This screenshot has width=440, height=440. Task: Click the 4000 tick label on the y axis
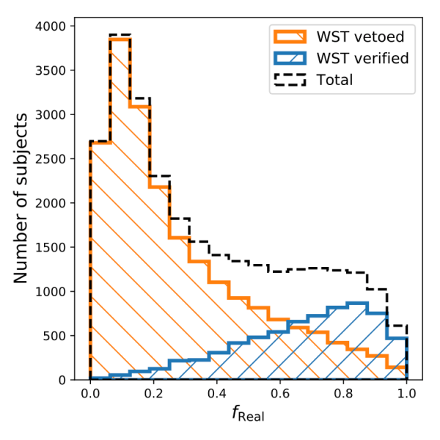coord(51,26)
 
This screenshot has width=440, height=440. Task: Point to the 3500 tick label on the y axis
coord(51,70)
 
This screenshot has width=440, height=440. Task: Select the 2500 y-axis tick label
coord(51,159)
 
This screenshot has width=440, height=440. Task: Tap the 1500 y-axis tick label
coord(51,247)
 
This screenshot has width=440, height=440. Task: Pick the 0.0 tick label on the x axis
coord(90,394)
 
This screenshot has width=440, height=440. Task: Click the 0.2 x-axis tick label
coord(153,394)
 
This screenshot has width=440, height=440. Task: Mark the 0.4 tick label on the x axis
coord(217,394)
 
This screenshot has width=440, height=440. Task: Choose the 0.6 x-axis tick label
coord(280,394)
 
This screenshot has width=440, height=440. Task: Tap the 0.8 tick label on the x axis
coord(343,394)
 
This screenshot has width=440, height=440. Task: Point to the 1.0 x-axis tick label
coord(407,394)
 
